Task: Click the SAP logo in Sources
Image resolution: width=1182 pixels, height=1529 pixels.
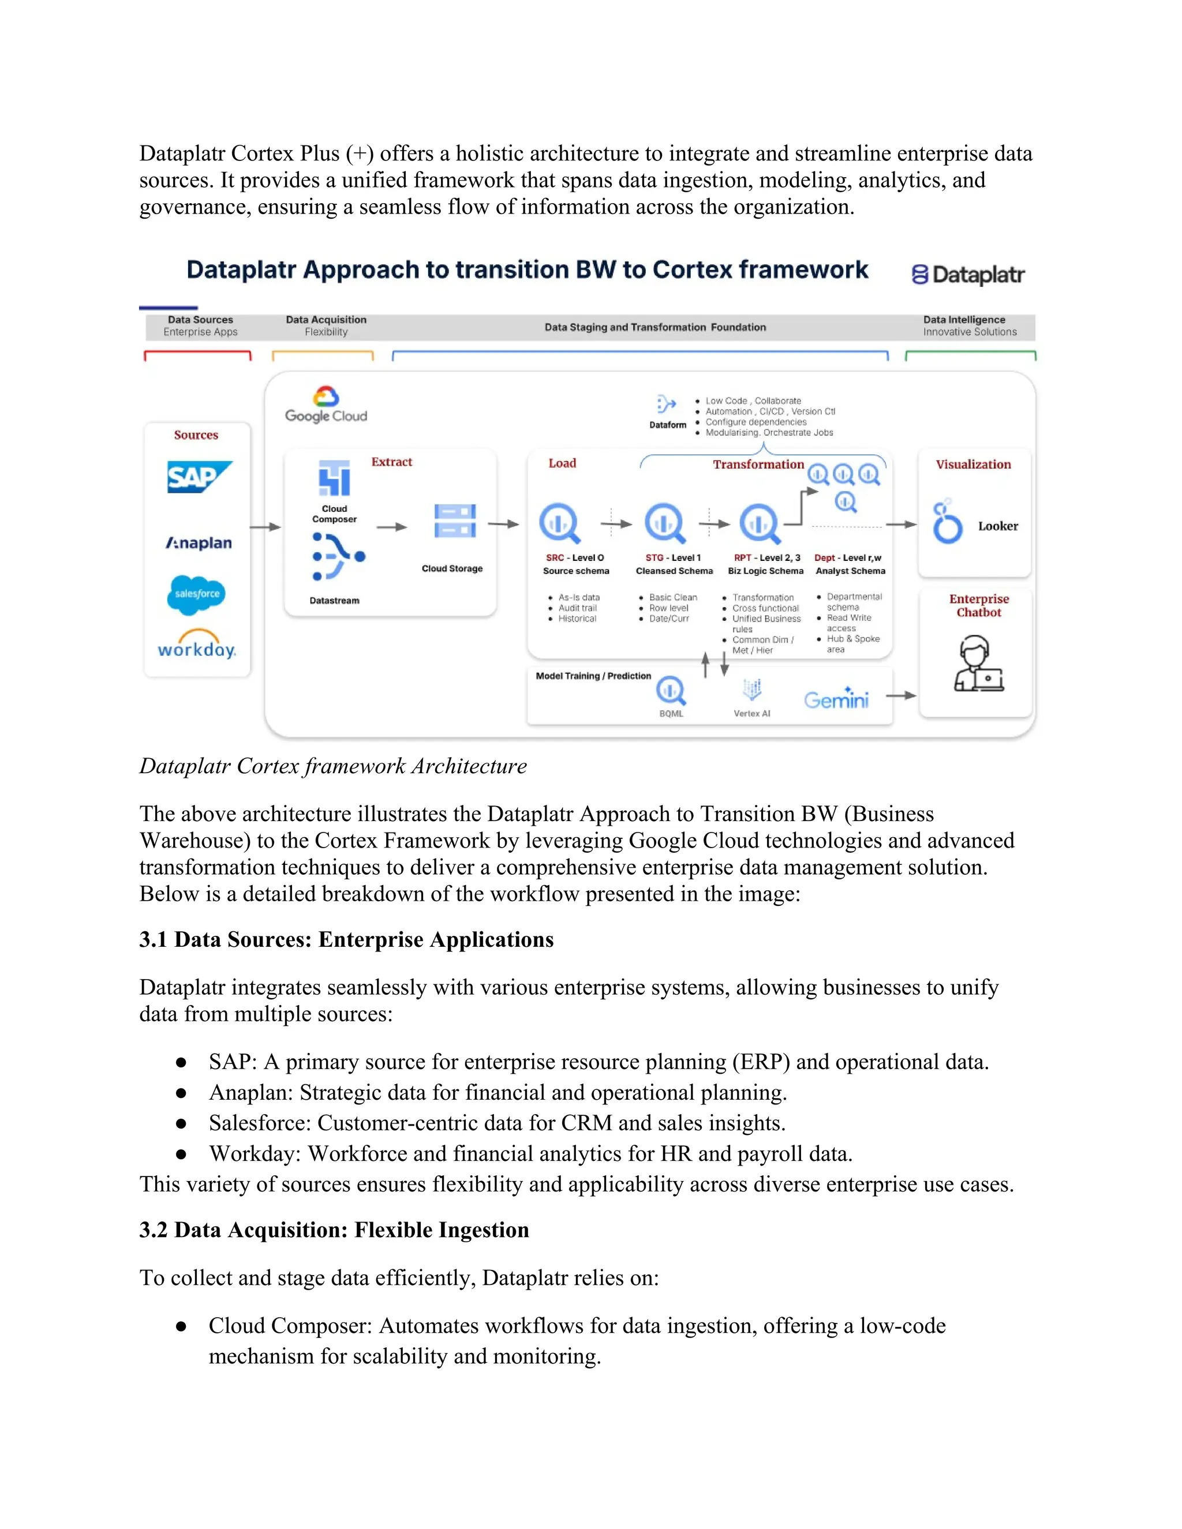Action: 199,477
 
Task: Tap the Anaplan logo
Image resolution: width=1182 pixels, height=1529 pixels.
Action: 199,542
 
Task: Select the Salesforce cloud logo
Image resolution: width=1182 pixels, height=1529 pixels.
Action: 197,594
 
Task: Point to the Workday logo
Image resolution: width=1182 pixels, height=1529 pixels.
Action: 197,645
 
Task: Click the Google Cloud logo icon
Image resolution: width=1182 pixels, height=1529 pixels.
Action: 326,397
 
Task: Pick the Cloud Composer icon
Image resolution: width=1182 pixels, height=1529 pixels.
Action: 334,478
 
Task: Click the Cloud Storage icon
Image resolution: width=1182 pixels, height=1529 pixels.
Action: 454,522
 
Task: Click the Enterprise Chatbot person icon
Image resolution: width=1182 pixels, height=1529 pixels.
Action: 978,664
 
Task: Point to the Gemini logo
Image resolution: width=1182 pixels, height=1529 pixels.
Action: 836,699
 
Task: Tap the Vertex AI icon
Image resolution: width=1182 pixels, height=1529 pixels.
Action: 752,689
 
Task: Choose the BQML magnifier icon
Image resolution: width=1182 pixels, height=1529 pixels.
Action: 671,691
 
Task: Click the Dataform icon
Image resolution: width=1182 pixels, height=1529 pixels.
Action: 666,404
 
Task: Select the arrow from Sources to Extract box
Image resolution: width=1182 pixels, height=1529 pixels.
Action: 265,526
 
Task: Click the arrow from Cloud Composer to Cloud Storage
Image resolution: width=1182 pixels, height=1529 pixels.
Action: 391,526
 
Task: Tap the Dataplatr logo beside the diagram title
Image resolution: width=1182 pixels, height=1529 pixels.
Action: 968,275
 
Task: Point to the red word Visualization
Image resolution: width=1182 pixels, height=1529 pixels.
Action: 972,464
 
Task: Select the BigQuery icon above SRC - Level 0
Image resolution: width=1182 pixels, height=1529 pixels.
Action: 559,523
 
